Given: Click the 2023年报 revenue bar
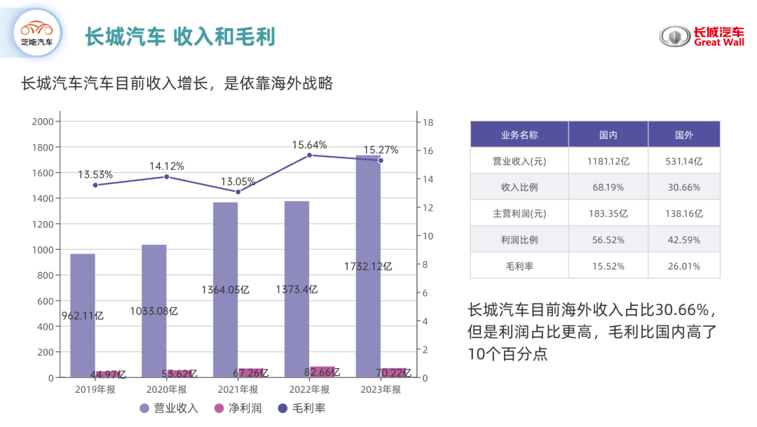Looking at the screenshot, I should click(x=368, y=266).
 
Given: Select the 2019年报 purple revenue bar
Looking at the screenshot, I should click(x=83, y=315).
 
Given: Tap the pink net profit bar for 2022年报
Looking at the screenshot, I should click(x=322, y=372).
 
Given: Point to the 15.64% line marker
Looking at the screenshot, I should click(x=309, y=155).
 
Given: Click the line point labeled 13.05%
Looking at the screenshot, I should click(x=238, y=192).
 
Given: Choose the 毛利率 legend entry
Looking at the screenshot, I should click(x=299, y=408).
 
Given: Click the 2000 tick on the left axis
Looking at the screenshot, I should click(x=43, y=122).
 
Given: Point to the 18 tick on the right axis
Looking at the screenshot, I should click(x=427, y=122).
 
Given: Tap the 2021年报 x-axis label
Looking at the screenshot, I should click(x=238, y=390).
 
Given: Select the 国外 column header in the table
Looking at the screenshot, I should click(x=683, y=134).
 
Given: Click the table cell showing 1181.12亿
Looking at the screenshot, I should click(x=608, y=161).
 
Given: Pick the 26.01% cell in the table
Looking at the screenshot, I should click(x=683, y=266).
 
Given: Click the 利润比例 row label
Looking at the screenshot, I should click(x=519, y=239).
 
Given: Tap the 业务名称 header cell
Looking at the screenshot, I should click(x=519, y=134).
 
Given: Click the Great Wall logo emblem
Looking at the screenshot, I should click(x=674, y=37).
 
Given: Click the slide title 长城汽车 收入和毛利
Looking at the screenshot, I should click(x=180, y=37).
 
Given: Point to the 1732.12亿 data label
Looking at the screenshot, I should click(x=368, y=267).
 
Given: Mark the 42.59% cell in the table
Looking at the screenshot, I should click(x=683, y=239).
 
